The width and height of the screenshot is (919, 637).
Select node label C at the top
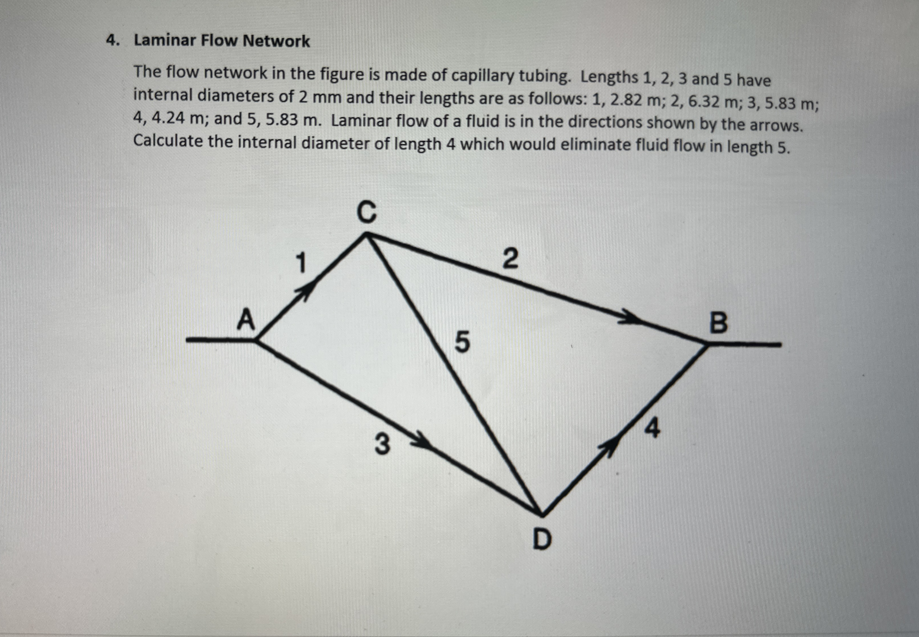pyautogui.click(x=366, y=212)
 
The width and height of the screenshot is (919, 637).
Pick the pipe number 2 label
pyautogui.click(x=510, y=259)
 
